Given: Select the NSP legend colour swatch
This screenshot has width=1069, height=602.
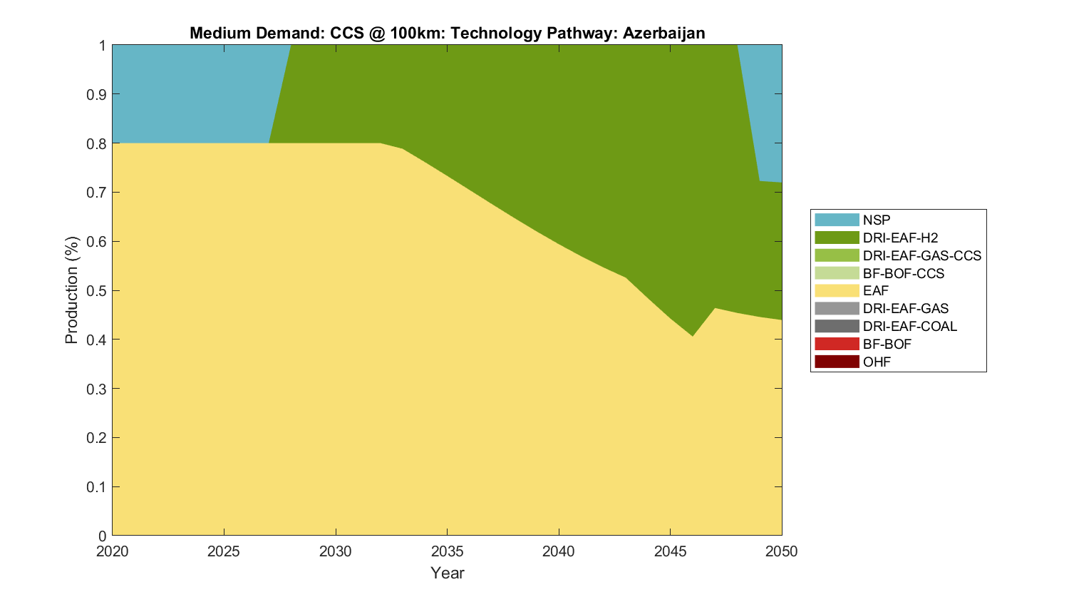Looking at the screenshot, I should tap(837, 220).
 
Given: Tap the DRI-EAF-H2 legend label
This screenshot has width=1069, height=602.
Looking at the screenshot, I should tap(900, 238).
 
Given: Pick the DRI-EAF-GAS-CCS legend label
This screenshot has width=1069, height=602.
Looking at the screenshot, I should tap(921, 255).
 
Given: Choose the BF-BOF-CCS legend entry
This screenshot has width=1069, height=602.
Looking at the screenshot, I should tap(903, 273).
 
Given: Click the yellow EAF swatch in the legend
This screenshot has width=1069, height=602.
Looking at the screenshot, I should tap(837, 291).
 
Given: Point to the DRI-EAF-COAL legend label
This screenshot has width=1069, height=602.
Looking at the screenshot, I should tap(909, 326).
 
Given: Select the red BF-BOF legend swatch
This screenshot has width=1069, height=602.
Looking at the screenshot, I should tap(837, 344).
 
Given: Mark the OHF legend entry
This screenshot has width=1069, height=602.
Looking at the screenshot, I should tap(877, 362).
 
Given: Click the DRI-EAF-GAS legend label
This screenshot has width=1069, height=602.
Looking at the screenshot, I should tap(905, 308).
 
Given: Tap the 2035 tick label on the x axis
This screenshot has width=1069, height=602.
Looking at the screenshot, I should tap(447, 551).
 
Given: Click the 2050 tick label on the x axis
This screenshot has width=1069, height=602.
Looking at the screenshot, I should tap(782, 551).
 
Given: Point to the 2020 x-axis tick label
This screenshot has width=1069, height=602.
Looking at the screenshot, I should tap(113, 551).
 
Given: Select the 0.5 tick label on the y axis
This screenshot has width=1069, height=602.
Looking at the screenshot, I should tap(97, 290).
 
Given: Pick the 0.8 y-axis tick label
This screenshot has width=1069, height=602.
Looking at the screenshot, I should tap(97, 143).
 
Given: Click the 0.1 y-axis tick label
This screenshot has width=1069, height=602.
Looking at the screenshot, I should tap(97, 487).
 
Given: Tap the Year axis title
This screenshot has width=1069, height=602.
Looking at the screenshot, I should tap(447, 573).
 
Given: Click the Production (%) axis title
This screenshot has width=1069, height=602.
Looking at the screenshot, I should tap(72, 290).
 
